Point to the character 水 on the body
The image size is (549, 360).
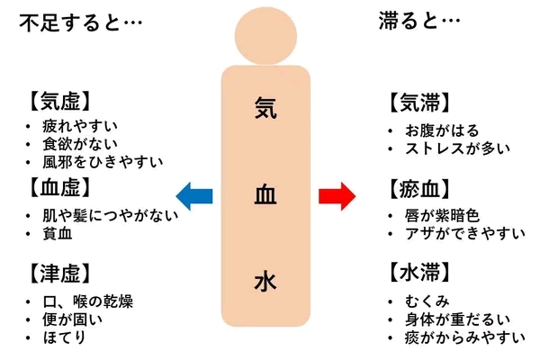pyautogui.click(x=265, y=282)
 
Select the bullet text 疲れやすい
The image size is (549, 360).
pyautogui.click(x=86, y=125)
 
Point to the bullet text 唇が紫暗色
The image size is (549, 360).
pyautogui.click(x=444, y=216)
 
